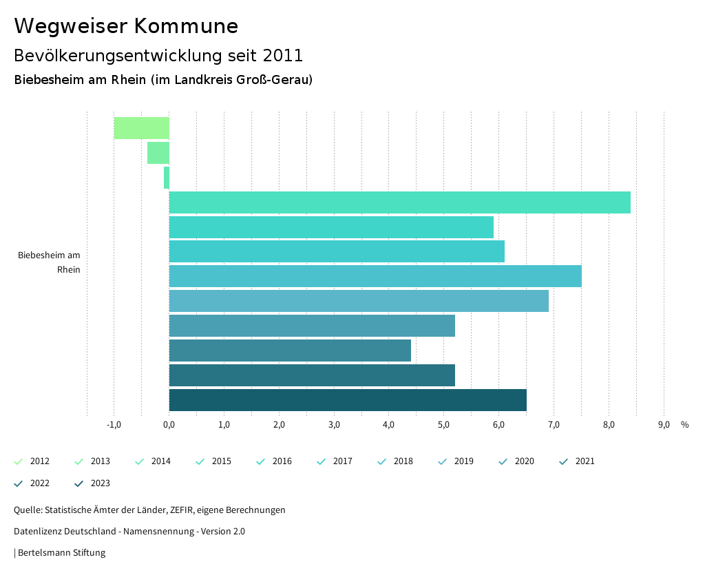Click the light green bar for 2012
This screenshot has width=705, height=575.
[x=141, y=128]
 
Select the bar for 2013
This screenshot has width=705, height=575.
[x=158, y=153]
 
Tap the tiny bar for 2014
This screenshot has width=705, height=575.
[x=167, y=178]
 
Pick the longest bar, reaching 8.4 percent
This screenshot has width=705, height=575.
[x=399, y=202]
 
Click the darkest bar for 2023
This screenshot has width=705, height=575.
[x=348, y=400]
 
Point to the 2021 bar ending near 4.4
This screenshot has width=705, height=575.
[x=290, y=351]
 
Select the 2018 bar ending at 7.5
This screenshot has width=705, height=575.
[x=375, y=276]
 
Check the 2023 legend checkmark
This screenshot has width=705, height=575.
[x=79, y=483]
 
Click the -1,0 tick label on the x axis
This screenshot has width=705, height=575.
[x=114, y=424]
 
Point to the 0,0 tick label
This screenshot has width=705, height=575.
[x=169, y=424]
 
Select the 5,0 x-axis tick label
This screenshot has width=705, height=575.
[x=444, y=424]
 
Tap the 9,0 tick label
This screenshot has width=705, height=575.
[x=664, y=424]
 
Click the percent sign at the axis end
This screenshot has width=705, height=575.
[x=684, y=424]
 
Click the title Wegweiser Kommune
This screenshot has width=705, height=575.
[x=126, y=26]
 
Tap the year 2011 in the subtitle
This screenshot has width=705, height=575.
[x=282, y=55]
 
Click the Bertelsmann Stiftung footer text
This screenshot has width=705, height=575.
[x=61, y=552]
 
